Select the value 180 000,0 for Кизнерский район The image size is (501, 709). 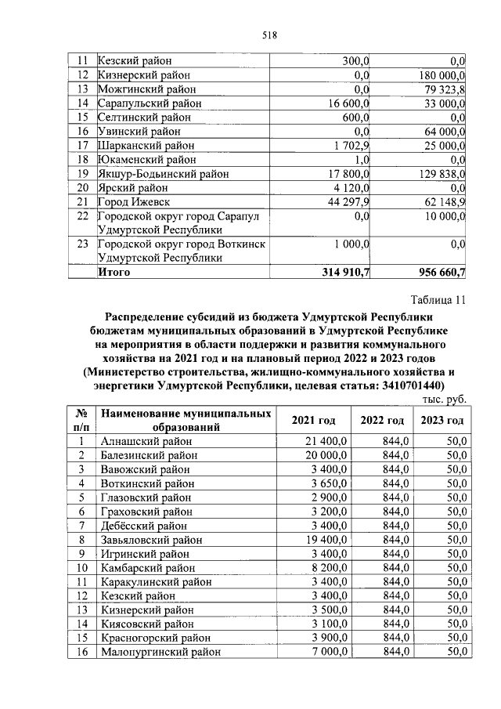pos(437,74)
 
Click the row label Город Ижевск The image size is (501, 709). pos(131,201)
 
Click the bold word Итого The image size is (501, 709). pos(114,272)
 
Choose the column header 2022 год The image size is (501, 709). pos(382,420)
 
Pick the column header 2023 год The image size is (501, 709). pos(442,420)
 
